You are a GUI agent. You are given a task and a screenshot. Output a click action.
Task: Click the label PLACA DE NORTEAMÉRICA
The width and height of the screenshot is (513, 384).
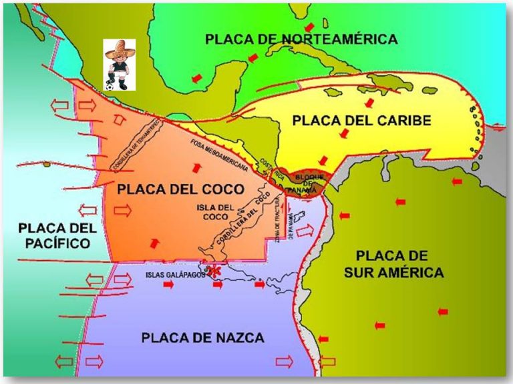[x=301, y=39]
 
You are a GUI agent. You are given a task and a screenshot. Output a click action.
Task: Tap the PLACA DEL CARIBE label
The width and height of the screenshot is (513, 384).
[x=361, y=121]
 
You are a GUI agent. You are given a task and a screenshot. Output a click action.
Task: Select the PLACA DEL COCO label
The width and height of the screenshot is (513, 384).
[x=171, y=189]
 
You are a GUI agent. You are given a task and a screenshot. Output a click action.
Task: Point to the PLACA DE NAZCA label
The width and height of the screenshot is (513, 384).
[x=203, y=337]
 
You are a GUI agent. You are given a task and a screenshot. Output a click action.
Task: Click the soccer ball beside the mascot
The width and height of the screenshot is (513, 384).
[x=110, y=85]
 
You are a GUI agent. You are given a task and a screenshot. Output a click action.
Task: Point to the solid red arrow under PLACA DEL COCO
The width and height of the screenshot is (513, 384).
[x=154, y=241]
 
